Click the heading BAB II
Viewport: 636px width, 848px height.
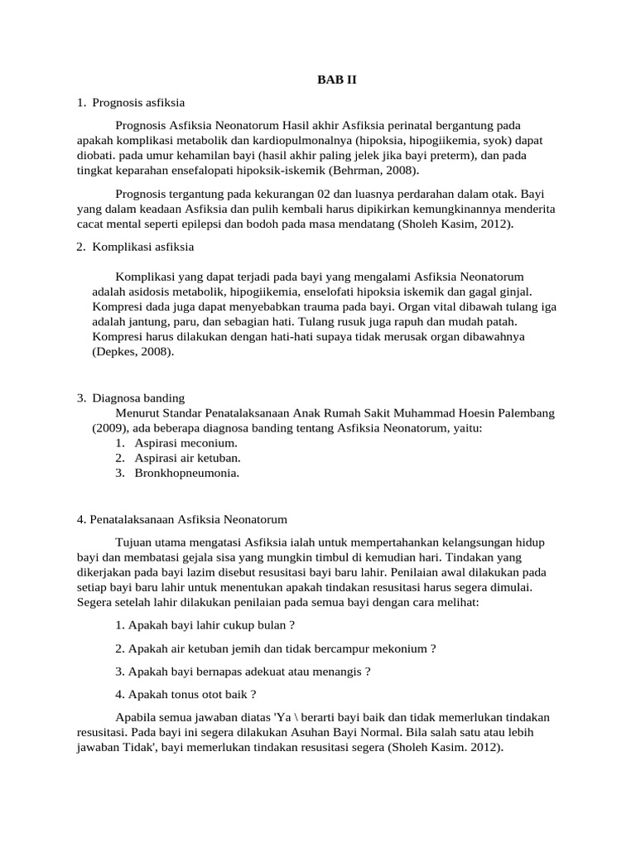click(x=337, y=79)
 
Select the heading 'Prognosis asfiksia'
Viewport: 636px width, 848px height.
click(x=138, y=103)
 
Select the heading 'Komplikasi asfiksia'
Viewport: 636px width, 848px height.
click(x=143, y=247)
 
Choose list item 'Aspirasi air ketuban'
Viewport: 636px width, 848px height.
click(x=188, y=458)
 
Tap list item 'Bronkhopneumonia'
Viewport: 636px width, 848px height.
click(x=187, y=473)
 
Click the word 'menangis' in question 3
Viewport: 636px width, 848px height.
click(x=338, y=672)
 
